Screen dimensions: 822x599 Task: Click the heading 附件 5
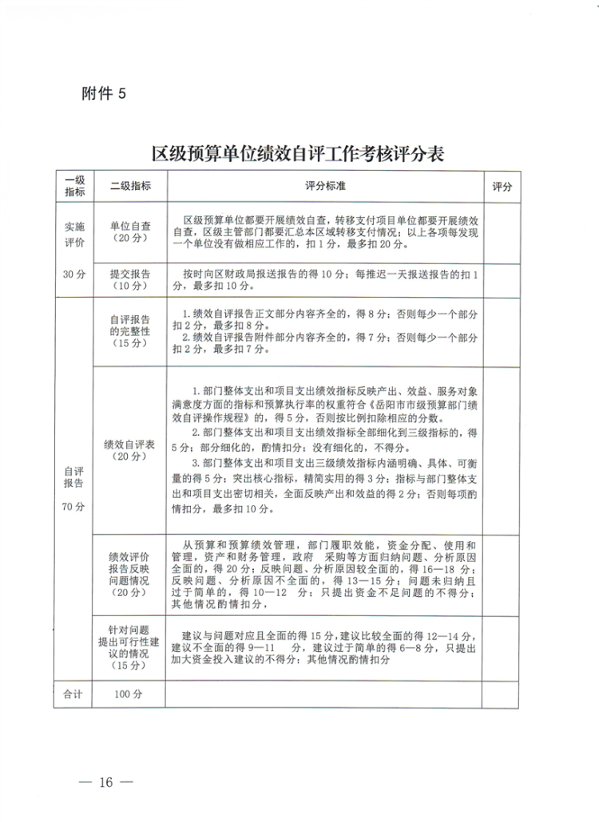[x=105, y=93]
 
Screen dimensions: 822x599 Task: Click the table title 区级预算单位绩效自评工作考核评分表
[x=299, y=153]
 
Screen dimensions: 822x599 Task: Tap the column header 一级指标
[x=74, y=186]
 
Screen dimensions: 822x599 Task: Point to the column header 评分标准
[x=325, y=186]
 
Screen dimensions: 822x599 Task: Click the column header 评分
[x=502, y=186]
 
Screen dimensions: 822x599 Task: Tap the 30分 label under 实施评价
[x=73, y=275]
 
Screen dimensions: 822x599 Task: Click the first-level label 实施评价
[x=73, y=232]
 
